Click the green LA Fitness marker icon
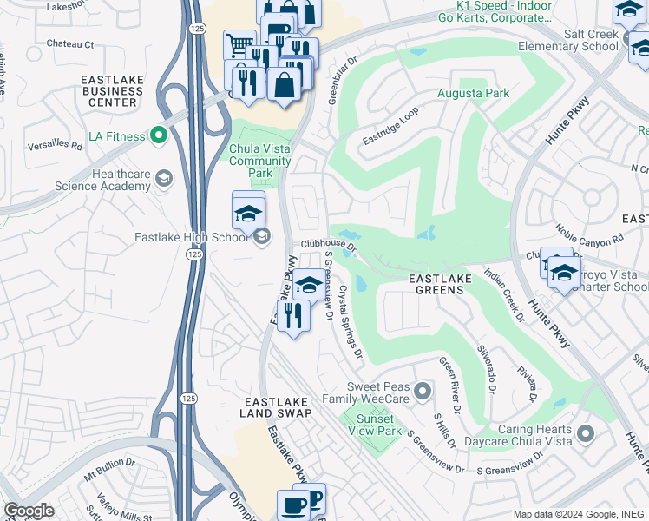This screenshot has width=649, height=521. tap(158, 135)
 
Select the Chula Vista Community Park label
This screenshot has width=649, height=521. tap(259, 161)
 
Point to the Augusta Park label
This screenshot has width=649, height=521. tap(472, 93)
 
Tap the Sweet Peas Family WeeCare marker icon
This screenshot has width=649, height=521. tap(422, 391)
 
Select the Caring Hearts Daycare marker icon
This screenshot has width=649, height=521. tap(585, 432)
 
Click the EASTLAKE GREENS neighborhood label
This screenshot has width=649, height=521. tap(440, 283)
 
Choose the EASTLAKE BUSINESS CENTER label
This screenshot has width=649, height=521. tap(111, 90)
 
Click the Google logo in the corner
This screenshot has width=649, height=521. tap(29, 511)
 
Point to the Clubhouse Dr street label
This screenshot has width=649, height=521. tap(329, 245)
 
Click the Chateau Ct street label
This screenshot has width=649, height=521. tap(69, 43)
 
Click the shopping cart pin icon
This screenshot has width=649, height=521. tap(238, 44)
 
